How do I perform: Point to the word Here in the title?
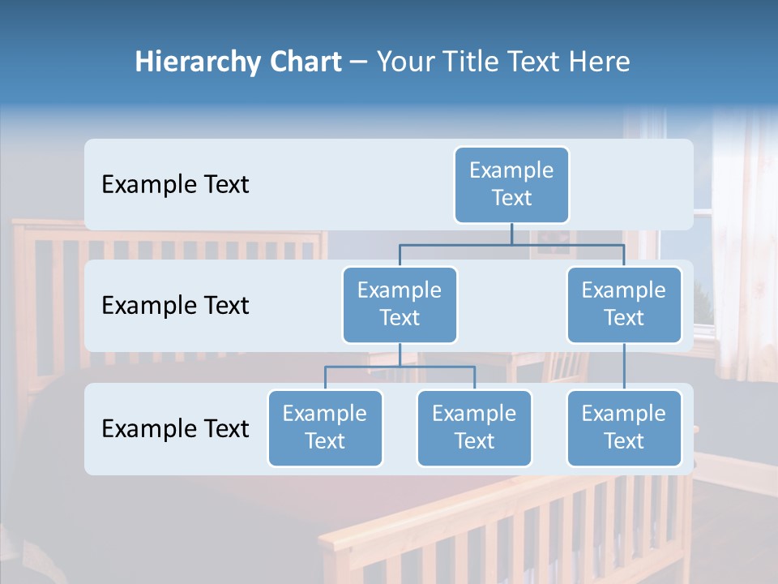[599, 62]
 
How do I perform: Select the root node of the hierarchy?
[511, 184]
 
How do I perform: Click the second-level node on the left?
[400, 304]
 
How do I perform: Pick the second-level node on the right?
[624, 304]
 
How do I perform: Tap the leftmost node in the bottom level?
[325, 427]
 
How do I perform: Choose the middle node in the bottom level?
[474, 427]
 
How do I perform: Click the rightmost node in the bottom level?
[624, 427]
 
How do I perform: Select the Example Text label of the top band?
[175, 185]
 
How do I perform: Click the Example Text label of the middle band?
[175, 306]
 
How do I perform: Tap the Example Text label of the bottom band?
[175, 428]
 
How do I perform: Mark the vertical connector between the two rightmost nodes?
[624, 367]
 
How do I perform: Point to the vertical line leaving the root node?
[511, 234]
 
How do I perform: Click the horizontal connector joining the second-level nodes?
[511, 244]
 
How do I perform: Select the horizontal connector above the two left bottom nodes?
[400, 367]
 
